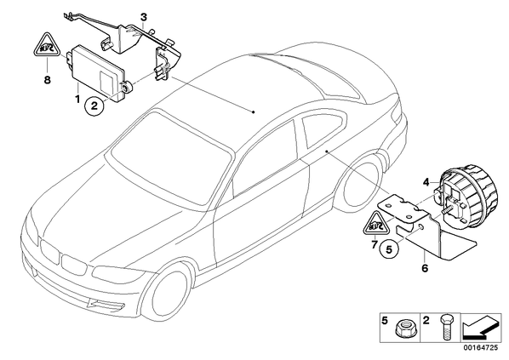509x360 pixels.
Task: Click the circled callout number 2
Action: click(94, 106)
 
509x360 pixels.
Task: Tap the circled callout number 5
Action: click(389, 249)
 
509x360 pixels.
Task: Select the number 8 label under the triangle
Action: click(48, 79)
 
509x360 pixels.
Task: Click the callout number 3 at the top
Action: click(144, 16)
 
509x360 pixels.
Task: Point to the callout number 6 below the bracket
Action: click(425, 268)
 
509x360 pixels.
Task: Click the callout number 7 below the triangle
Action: click(375, 243)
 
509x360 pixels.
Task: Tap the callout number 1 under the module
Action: click(77, 99)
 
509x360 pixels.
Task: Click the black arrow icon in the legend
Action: click(480, 328)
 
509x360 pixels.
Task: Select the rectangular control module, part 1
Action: click(97, 72)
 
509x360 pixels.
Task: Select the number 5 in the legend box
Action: click(385, 321)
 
